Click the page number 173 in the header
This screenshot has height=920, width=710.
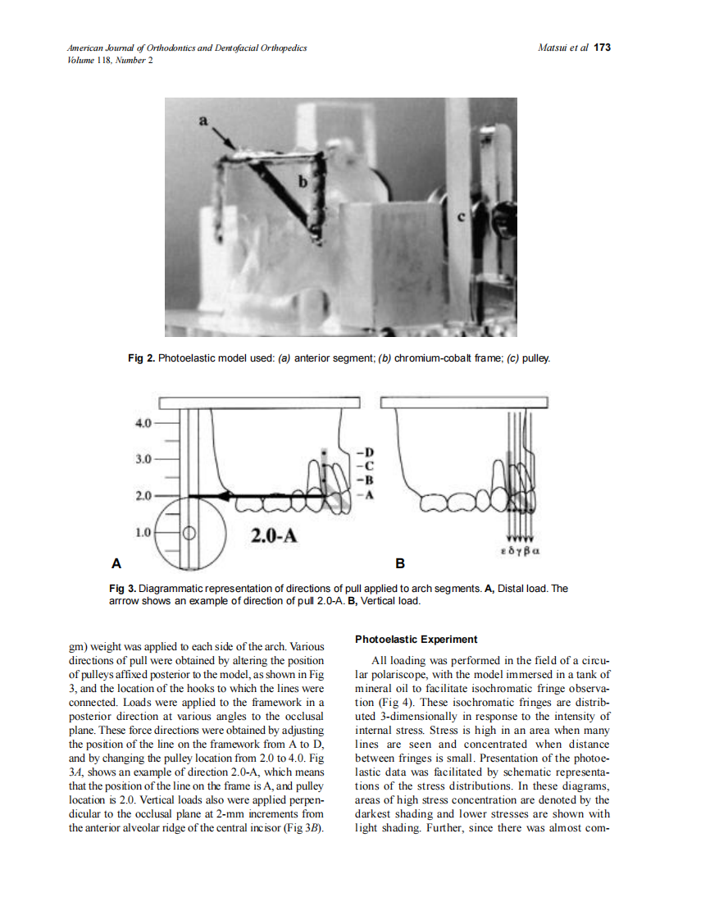[603, 48]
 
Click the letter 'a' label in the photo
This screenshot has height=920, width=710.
[204, 121]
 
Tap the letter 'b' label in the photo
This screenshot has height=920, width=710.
[303, 182]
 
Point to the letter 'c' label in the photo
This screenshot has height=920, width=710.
[461, 216]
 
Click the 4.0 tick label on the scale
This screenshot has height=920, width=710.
[142, 423]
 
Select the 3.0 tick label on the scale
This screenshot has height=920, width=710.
[142, 459]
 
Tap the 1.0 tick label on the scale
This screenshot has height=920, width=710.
[142, 532]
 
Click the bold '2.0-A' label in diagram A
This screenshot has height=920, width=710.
[273, 537]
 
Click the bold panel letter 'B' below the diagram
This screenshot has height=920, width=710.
[400, 564]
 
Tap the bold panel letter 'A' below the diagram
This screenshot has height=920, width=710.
[116, 564]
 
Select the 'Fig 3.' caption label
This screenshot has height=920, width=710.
[122, 589]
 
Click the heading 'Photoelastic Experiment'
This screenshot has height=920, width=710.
[416, 639]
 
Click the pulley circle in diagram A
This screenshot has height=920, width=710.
[188, 531]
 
